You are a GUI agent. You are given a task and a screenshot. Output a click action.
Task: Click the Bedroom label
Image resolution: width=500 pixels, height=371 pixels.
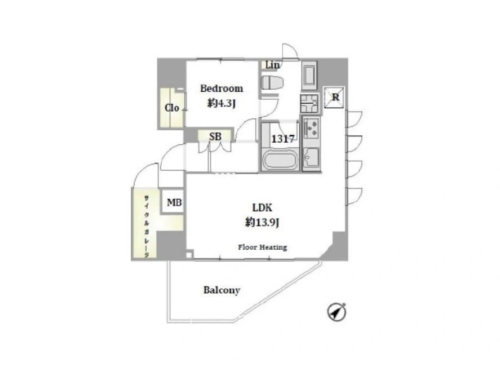pos(222,89)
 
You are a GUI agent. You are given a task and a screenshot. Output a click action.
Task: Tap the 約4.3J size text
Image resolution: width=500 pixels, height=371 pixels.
pos(222,103)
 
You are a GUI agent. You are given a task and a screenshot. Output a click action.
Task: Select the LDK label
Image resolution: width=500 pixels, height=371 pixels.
pos(262,207)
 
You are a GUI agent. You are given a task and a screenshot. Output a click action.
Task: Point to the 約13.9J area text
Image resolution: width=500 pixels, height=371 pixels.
pos(262,222)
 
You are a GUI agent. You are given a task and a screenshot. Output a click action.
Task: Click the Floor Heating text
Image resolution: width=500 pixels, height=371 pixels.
pos(263,247)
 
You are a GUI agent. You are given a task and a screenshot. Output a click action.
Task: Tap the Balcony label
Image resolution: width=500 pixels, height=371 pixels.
pos(222,290)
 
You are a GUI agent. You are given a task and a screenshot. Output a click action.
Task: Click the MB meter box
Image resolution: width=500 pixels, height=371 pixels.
pos(174,202)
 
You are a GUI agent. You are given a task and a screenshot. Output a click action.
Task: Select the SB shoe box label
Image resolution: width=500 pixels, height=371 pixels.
pos(215,136)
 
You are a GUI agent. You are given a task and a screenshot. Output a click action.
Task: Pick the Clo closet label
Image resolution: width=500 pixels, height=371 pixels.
pos(172,108)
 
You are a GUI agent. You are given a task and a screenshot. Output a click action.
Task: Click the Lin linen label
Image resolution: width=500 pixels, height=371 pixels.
pos(272,65)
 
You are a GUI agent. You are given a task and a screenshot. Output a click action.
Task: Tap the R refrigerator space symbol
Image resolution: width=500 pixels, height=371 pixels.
pos(334,97)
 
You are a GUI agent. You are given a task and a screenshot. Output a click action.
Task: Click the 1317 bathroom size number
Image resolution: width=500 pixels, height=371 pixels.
pos(282,139)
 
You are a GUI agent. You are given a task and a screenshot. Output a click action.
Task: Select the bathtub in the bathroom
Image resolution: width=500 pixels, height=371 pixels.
pos(280,159)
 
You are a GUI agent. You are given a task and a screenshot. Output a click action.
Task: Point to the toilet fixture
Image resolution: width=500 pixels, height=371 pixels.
pos(272,83)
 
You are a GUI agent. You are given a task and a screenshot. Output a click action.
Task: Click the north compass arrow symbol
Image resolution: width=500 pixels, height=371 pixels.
pos(337,312)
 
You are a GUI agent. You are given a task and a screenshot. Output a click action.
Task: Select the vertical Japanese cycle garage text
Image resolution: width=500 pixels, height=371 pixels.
pos(147,226)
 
